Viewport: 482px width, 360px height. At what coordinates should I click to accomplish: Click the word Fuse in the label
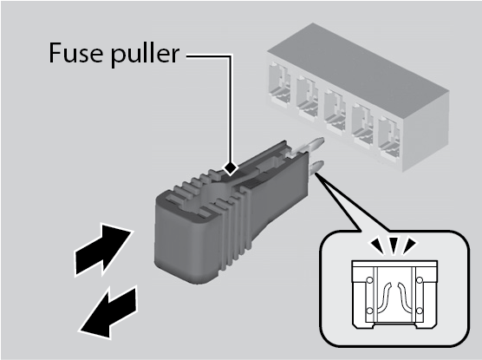(x=75, y=53)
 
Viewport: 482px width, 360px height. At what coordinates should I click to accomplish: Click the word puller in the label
(x=145, y=55)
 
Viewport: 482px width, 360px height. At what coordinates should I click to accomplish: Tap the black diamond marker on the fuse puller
(x=231, y=168)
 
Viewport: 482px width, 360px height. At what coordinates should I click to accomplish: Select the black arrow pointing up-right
(x=103, y=249)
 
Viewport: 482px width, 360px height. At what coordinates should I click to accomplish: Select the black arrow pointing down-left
(x=107, y=312)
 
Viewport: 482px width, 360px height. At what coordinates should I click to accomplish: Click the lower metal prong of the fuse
(x=316, y=167)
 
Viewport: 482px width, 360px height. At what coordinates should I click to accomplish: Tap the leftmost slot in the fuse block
(x=279, y=82)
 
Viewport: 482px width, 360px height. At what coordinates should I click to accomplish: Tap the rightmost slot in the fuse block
(x=389, y=139)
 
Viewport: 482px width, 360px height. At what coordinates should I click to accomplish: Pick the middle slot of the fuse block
(x=335, y=110)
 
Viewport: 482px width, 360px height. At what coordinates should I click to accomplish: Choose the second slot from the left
(x=307, y=96)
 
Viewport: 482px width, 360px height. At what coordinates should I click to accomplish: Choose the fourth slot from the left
(x=362, y=124)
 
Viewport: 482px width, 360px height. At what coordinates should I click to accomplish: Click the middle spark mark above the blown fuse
(x=394, y=245)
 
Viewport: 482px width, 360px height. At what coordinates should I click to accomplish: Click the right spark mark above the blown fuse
(x=408, y=245)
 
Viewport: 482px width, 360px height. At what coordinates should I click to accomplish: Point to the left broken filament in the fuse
(x=385, y=297)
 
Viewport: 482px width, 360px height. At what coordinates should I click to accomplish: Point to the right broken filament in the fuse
(x=404, y=297)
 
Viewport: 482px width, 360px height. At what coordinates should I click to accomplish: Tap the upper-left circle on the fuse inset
(x=369, y=280)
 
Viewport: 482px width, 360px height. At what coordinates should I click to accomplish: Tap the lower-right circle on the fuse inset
(x=420, y=311)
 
